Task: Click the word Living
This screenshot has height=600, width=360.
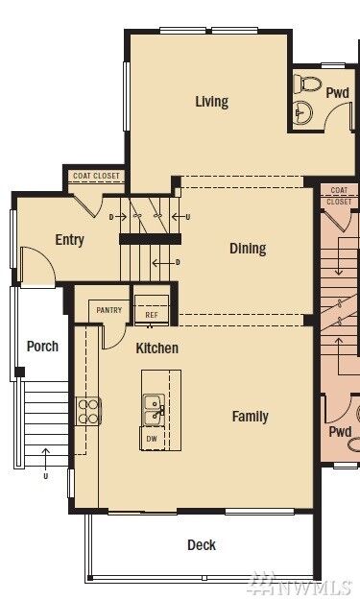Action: point(211,101)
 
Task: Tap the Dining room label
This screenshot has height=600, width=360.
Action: point(248,249)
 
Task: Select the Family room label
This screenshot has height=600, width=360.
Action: point(250,417)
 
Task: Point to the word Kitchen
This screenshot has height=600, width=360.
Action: point(156,348)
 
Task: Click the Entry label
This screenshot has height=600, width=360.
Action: point(69,240)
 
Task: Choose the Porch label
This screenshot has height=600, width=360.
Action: point(42,347)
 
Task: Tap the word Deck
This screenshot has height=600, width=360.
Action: point(201,545)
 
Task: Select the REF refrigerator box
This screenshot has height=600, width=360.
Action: point(152,314)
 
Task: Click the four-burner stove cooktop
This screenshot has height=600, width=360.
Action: point(88,411)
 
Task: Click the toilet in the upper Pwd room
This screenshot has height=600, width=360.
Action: point(306,99)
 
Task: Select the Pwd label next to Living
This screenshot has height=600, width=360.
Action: point(337,93)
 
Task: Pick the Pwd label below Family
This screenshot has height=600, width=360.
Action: point(340,432)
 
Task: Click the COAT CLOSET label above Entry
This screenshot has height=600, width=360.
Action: point(95,176)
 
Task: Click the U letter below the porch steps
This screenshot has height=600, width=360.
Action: point(45,476)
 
